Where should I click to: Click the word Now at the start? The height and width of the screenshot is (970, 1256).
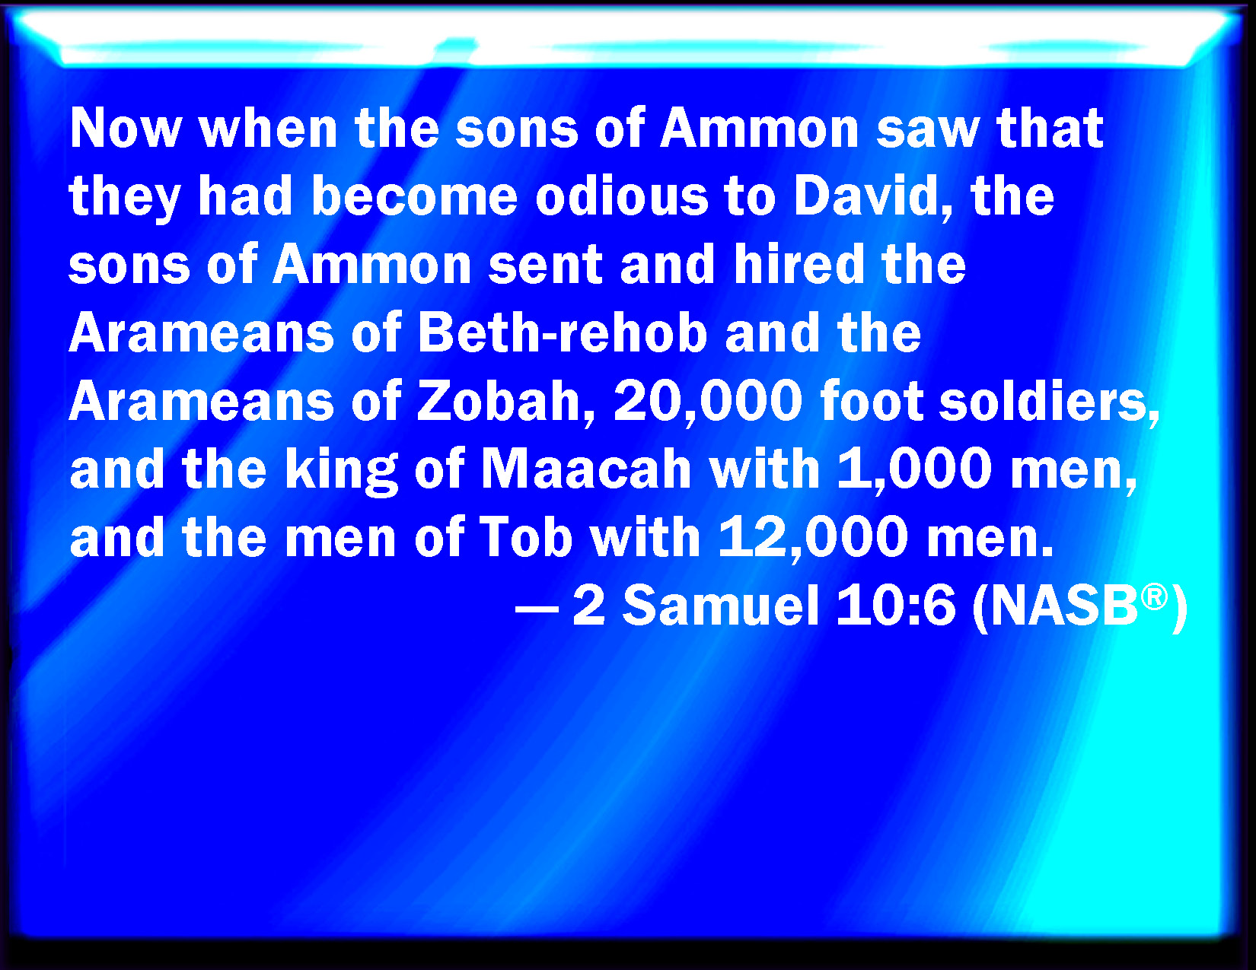(126, 128)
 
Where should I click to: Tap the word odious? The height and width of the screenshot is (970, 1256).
(621, 196)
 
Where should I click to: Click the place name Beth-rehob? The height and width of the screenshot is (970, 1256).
(563, 332)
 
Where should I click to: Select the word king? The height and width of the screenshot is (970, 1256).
(341, 469)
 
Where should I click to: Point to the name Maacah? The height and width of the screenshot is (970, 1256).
(585, 469)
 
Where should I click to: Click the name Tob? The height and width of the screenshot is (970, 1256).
(525, 537)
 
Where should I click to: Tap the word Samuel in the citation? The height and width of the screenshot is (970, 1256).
(721, 606)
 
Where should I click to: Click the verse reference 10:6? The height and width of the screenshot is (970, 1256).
(895, 606)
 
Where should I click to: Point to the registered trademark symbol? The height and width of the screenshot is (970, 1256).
(1154, 596)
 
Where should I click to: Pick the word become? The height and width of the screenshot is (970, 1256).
(414, 196)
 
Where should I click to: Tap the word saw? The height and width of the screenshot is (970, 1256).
(929, 129)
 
